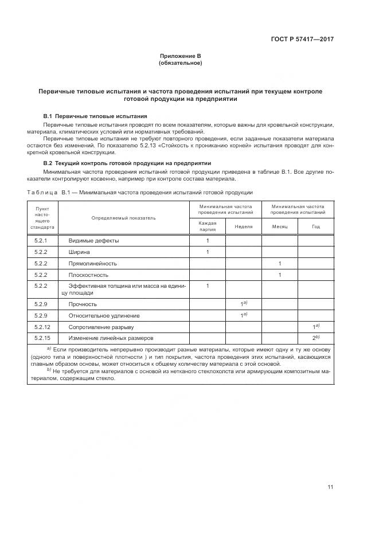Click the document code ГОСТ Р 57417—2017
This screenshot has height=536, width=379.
coord(303,40)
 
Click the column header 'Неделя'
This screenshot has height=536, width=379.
coord(243,226)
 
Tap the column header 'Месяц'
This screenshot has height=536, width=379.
coord(279,226)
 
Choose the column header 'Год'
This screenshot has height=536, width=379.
coord(315,226)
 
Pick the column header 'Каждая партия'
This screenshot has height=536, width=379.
coord(207,226)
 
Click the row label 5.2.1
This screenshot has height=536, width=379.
coord(41,241)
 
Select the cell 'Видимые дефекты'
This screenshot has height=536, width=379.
coord(93,241)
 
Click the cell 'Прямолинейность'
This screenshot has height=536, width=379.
coord(93,263)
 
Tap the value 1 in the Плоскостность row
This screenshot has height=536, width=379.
coord(279,275)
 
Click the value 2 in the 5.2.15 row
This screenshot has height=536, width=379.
coord(315,338)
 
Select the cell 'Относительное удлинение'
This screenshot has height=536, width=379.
coord(104,315)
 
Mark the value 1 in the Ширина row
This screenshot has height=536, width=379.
coord(207,252)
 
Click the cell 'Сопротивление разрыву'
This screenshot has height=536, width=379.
coord(101,327)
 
